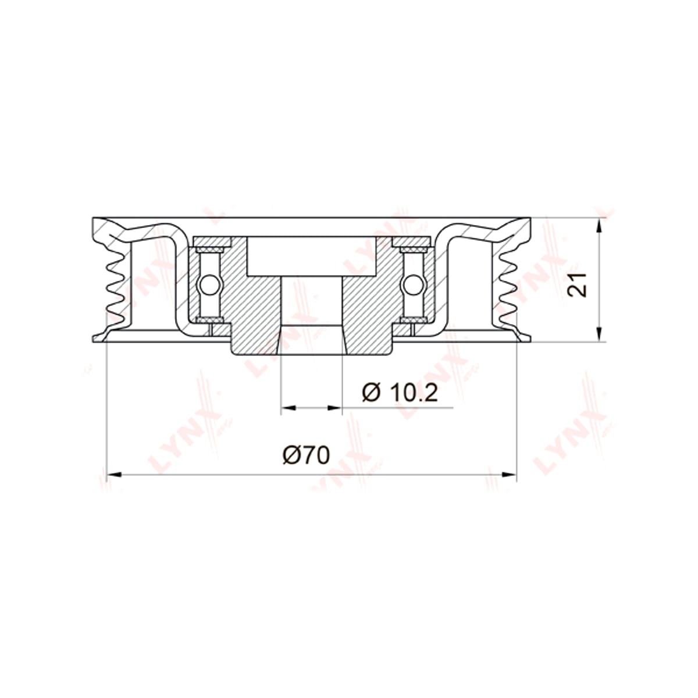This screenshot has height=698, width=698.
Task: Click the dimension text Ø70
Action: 306,455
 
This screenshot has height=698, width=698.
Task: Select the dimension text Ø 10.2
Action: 400,393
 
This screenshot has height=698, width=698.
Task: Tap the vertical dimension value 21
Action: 577,285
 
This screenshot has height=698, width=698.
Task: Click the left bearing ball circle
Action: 209,284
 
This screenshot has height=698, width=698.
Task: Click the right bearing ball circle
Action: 413,284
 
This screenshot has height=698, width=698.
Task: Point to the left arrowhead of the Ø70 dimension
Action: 114,475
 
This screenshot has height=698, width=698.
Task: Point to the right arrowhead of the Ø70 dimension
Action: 508,475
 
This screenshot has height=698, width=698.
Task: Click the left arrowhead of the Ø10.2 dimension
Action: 289,408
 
